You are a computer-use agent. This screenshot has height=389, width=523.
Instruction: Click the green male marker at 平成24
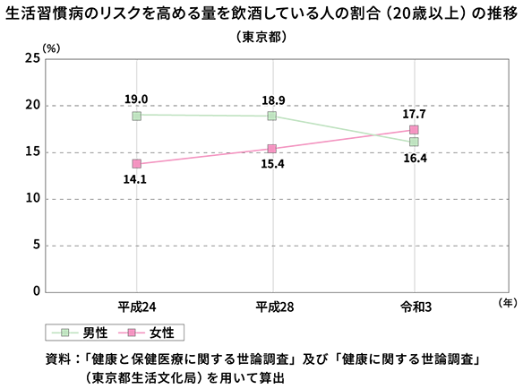pyautogui.click(x=137, y=116)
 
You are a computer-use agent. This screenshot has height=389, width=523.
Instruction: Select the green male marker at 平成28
pyautogui.click(x=272, y=116)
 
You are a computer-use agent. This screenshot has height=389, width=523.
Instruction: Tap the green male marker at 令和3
pyautogui.click(x=414, y=142)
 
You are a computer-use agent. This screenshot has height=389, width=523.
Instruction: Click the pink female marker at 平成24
pyautogui.click(x=137, y=164)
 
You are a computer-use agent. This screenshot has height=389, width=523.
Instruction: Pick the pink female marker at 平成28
pyautogui.click(x=272, y=149)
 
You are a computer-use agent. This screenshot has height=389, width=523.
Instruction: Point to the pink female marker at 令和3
pyautogui.click(x=414, y=130)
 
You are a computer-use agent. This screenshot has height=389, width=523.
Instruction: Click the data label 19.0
pyautogui.click(x=136, y=99)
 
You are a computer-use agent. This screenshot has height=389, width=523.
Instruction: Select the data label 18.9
pyautogui.click(x=273, y=100)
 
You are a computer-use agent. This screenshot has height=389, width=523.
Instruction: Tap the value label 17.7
pyautogui.click(x=414, y=114)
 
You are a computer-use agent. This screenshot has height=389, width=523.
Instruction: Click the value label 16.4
pyautogui.click(x=415, y=158)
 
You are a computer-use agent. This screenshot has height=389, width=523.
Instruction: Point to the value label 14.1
pyautogui.click(x=135, y=179)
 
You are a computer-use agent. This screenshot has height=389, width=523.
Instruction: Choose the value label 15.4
pyautogui.click(x=272, y=164)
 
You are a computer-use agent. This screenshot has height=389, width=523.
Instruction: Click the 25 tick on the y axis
pyautogui.click(x=32, y=58)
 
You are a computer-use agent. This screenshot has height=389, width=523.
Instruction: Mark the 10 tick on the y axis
pyautogui.click(x=32, y=198)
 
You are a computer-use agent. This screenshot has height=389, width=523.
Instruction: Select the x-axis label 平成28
pyautogui.click(x=275, y=307)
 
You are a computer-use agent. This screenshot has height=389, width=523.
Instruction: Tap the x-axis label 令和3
pyautogui.click(x=416, y=307)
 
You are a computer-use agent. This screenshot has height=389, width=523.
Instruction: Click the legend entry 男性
pyautogui.click(x=95, y=333)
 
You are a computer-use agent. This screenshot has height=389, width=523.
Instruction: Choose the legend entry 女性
pyautogui.click(x=162, y=333)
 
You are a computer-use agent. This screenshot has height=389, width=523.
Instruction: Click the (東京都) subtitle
pyautogui.click(x=261, y=37)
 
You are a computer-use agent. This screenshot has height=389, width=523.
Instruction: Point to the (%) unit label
pyautogui.click(x=51, y=48)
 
